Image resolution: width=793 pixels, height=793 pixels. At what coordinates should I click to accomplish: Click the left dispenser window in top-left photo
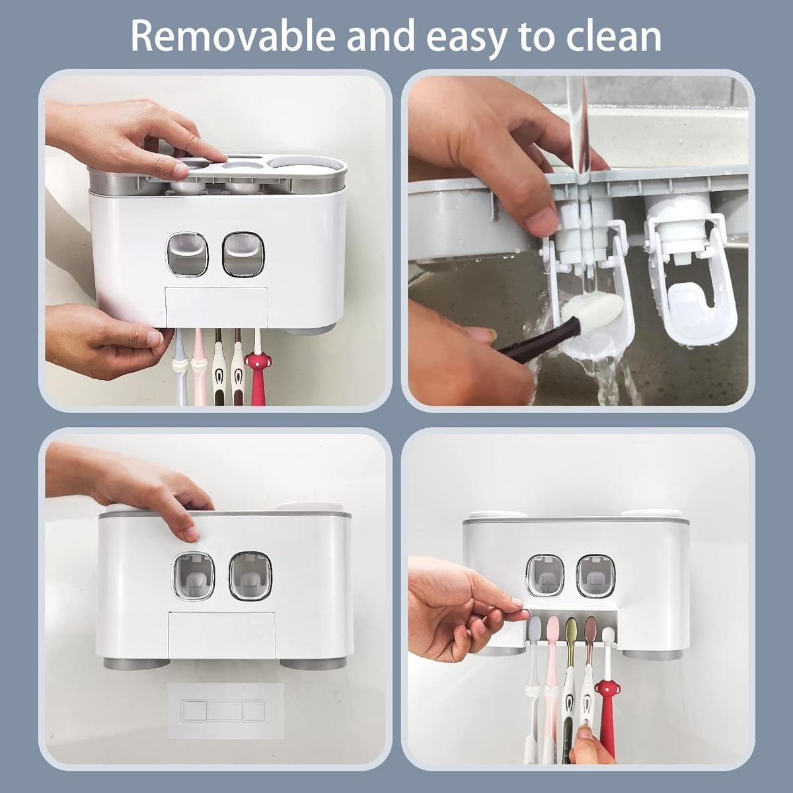[187, 254]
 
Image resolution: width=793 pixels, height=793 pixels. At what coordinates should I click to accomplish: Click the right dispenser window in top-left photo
[243, 254]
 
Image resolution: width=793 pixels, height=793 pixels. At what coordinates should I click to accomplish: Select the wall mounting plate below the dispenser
[225, 710]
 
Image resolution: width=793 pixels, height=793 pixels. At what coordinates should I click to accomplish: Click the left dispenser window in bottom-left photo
[194, 576]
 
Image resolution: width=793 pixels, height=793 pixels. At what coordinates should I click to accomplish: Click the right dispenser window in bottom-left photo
[250, 576]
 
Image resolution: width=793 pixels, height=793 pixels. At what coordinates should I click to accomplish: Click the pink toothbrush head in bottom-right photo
[552, 626]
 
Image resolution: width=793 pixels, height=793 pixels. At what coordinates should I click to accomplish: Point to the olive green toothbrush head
[571, 626]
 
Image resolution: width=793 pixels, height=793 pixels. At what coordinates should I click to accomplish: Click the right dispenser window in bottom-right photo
[595, 576]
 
